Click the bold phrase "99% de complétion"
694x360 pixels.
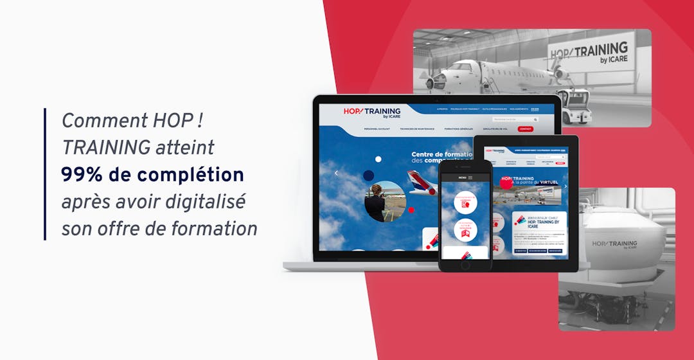point(152,175)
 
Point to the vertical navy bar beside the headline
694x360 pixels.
point(46,174)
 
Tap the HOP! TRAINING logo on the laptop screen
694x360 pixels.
point(373,113)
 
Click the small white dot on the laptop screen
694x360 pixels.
point(378,159)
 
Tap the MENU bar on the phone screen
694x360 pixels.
point(465,177)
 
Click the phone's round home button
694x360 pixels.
point(465,264)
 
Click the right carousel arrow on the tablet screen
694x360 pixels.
point(565,186)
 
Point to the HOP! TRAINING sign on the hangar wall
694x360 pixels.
point(589,52)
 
